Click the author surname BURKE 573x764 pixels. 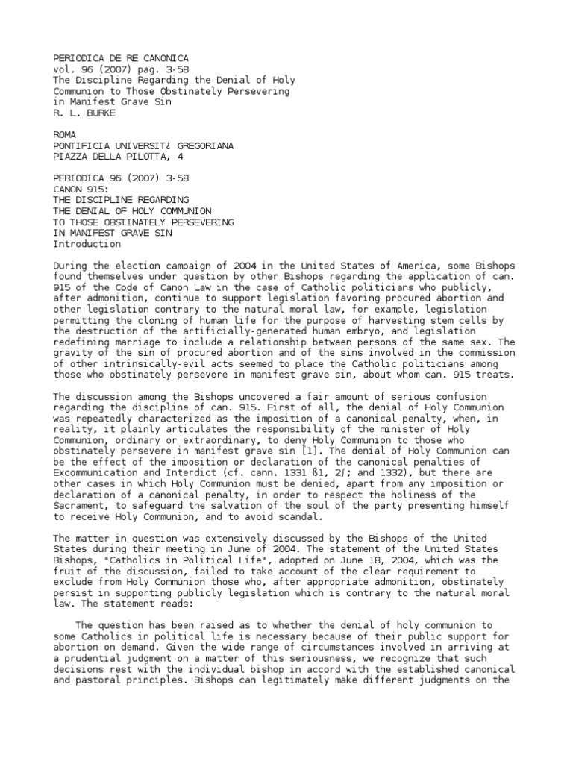click(93, 113)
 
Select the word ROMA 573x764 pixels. click(66, 135)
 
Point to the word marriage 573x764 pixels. click(132, 342)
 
